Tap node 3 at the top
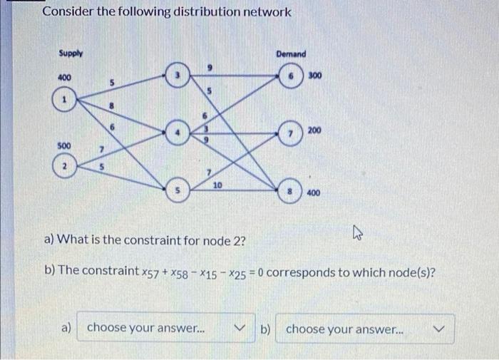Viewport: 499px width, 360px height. point(176,74)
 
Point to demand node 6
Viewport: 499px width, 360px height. point(291,74)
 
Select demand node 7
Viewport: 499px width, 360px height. point(291,133)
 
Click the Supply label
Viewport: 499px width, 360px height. point(70,53)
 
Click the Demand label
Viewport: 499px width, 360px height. point(290,54)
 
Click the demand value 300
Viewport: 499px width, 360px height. point(317,74)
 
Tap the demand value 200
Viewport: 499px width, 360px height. point(316,130)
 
